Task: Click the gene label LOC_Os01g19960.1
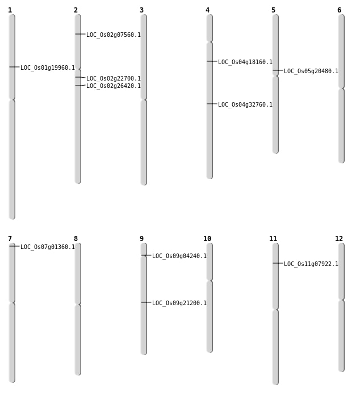click(x=48, y=68)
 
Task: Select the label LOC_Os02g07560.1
click(x=114, y=35)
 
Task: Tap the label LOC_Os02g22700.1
click(x=114, y=78)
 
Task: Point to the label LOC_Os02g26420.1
click(x=114, y=86)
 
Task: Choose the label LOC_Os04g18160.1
click(x=245, y=62)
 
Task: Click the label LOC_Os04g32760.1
click(x=245, y=104)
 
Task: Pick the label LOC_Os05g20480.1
click(x=311, y=71)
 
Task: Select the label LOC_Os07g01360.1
click(x=48, y=247)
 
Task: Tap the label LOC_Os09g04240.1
click(x=179, y=256)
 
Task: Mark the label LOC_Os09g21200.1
click(x=179, y=303)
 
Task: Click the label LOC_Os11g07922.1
click(x=311, y=264)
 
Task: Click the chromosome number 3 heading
click(x=141, y=10)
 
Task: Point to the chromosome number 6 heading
click(x=339, y=10)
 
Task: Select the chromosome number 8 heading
click(x=76, y=239)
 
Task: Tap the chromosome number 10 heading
click(x=207, y=239)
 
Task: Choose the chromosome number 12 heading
click(x=339, y=239)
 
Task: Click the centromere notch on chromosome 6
click(x=341, y=88)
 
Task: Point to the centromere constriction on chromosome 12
click(x=341, y=300)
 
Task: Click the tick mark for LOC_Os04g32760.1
click(x=212, y=104)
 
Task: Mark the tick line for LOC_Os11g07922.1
click(x=278, y=263)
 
